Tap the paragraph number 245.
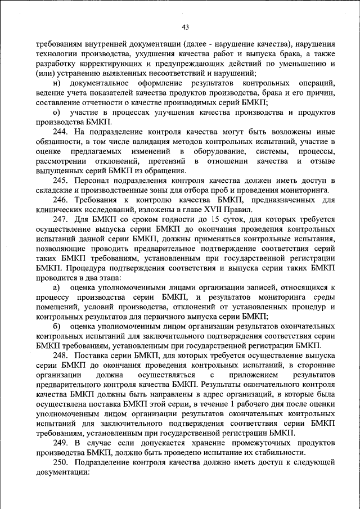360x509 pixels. coord(62,180)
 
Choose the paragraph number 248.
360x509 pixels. coord(62,355)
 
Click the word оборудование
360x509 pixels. coord(219,151)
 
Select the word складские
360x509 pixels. coord(55,190)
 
